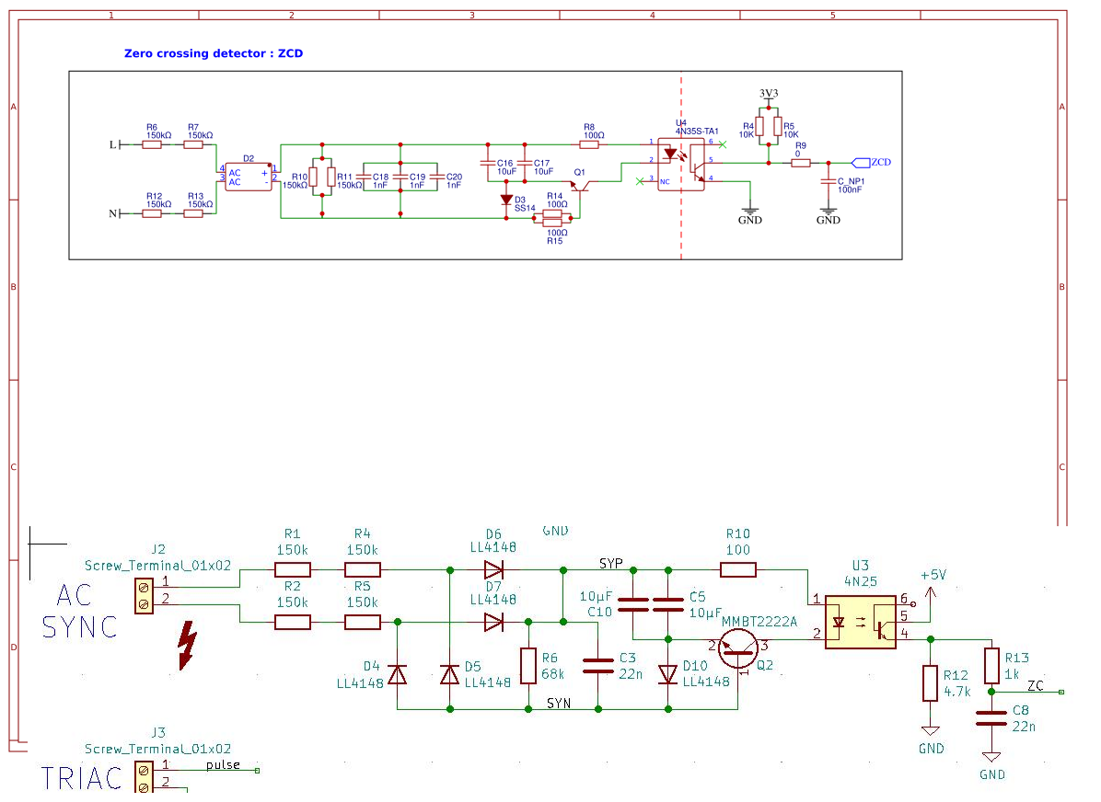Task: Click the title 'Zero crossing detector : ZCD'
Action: coord(213,53)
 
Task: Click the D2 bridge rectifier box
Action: coord(247,178)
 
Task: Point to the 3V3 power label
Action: coord(769,94)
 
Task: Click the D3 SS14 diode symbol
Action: coord(505,200)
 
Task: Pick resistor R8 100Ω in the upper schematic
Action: coord(594,144)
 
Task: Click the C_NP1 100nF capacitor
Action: coord(828,180)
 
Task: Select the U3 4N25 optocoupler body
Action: coord(860,623)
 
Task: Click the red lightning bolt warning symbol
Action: coord(187,644)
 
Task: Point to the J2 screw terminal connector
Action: coord(144,595)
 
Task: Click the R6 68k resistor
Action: coord(528,665)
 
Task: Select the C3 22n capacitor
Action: coord(598,665)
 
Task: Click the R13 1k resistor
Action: coord(991,664)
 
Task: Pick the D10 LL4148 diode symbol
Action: coord(668,674)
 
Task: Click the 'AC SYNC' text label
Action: coord(79,612)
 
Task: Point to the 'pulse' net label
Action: coord(223,765)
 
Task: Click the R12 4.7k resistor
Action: coord(931,683)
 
